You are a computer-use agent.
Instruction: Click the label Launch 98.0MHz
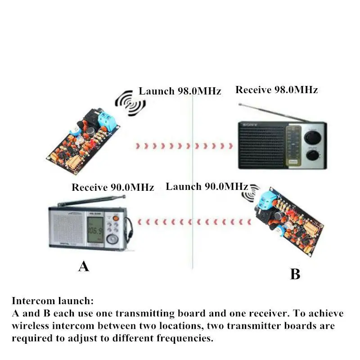(x=180, y=91)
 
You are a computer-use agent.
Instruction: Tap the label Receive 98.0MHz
(x=276, y=90)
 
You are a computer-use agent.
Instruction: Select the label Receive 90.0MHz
(x=112, y=187)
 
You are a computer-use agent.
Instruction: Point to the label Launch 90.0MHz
(x=207, y=186)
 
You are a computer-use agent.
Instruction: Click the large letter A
(x=83, y=266)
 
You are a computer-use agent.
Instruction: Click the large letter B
(x=295, y=274)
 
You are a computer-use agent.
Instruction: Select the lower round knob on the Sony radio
(x=311, y=156)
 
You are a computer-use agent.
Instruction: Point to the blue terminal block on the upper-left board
(x=108, y=119)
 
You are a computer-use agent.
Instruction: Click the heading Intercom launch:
(x=53, y=301)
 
